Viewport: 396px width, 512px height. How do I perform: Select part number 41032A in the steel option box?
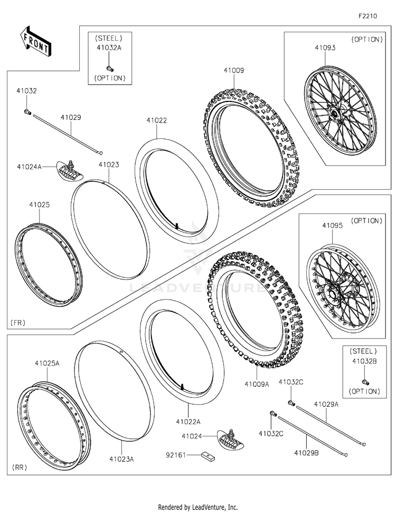click(x=109, y=48)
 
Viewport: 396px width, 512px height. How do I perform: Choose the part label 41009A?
click(x=257, y=384)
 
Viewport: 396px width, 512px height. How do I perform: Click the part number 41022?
click(x=157, y=120)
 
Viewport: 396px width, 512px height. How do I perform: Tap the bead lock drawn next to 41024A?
click(x=67, y=169)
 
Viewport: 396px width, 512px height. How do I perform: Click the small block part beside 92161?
click(x=207, y=454)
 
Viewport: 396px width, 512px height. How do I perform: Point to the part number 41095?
click(x=333, y=225)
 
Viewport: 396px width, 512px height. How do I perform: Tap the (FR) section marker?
click(x=18, y=322)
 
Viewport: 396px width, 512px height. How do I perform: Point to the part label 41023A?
click(x=122, y=459)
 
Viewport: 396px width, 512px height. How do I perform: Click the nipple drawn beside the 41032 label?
click(x=28, y=111)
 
